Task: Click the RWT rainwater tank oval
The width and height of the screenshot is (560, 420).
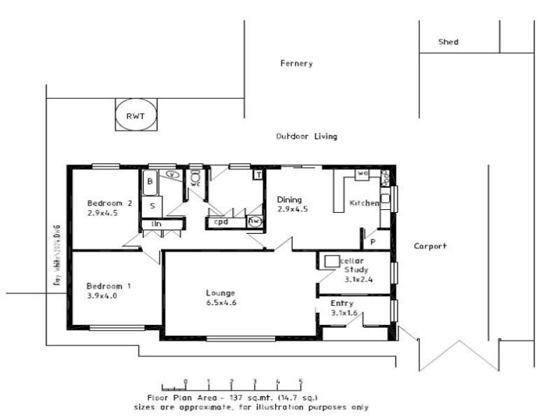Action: coord(135,116)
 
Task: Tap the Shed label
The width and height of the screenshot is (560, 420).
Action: coord(448,42)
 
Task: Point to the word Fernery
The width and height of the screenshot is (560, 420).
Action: coord(296,64)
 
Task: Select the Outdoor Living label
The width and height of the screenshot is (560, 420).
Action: coord(307,136)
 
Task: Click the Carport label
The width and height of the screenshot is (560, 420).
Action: coord(430,246)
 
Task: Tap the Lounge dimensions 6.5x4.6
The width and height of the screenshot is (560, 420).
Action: coord(220,303)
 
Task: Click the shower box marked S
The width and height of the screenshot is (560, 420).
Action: coord(152,206)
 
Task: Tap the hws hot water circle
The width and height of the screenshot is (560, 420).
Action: coord(256,222)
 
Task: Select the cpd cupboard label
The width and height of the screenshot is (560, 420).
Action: coord(221,222)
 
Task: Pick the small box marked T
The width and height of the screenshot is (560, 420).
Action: coord(258,174)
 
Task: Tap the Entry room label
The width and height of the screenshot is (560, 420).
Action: coord(342,303)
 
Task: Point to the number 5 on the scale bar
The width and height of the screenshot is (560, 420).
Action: coord(301,382)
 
